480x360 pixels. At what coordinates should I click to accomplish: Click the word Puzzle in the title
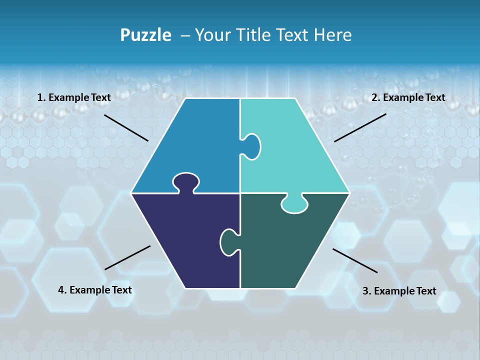145,35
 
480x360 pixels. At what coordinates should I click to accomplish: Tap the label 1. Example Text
74,97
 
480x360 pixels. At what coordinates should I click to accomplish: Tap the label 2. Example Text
408,97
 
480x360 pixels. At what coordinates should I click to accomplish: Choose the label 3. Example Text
399,291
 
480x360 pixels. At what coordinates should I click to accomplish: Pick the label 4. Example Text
95,290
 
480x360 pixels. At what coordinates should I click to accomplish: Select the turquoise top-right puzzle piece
295,150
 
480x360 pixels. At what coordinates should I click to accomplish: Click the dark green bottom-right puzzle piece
285,245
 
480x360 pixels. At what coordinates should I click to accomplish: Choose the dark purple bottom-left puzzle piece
185,240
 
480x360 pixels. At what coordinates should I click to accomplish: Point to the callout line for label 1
126,127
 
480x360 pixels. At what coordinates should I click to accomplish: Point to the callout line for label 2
360,127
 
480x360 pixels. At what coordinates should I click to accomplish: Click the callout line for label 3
355,260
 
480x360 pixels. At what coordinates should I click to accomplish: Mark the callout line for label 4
127,257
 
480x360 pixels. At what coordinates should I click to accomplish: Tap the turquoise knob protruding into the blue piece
251,146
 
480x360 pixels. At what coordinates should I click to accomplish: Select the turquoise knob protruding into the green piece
294,204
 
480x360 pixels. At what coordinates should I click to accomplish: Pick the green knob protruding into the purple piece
229,242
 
